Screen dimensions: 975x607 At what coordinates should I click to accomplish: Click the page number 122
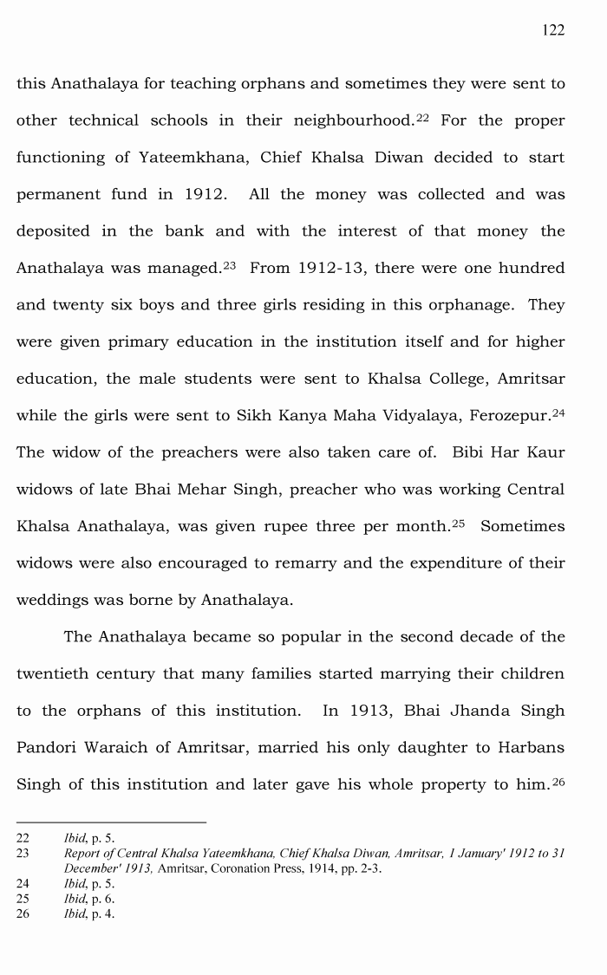point(553,30)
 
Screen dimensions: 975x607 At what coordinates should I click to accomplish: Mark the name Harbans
point(531,747)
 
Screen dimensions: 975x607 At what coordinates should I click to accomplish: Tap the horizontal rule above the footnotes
point(111,822)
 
